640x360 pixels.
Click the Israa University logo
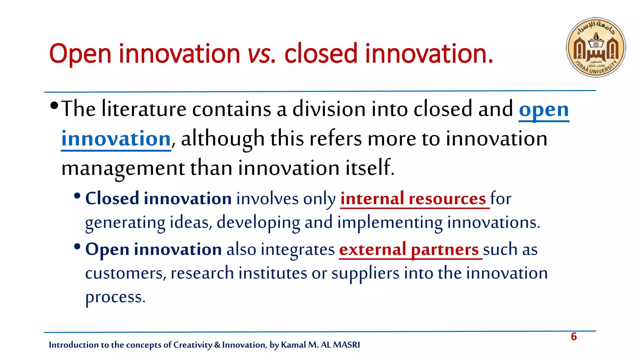point(596,47)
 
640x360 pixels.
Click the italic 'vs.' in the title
point(262,54)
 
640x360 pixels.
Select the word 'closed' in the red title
point(321,54)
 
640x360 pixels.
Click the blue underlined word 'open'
point(544,110)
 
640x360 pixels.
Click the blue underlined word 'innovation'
point(116,139)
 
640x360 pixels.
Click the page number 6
point(574,337)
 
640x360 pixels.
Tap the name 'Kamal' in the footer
point(293,345)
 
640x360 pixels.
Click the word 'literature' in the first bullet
point(144,109)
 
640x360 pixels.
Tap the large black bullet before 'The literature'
point(54,105)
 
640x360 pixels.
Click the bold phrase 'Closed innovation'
point(158,199)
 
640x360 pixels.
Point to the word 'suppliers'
point(365,273)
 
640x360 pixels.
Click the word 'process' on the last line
point(114,297)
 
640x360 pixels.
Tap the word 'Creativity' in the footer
point(192,345)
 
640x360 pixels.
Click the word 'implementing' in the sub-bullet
point(390,222)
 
